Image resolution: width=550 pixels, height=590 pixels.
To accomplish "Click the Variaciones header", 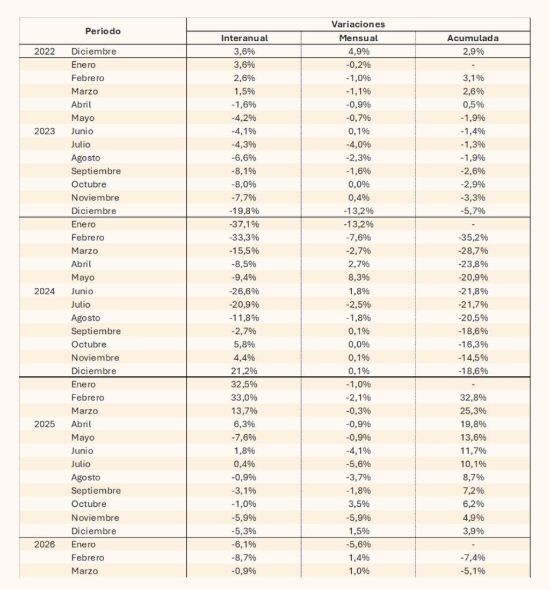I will coord(358,24).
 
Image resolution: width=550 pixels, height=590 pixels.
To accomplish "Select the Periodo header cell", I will coord(103,31).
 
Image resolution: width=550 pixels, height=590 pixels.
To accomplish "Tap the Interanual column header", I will coord(244,38).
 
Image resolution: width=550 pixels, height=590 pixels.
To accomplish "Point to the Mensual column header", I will coord(358,38).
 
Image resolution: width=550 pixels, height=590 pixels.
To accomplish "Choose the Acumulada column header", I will coord(473,38).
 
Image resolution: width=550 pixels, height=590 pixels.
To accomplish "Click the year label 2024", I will coord(45,291).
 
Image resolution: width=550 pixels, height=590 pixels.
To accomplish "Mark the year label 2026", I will coord(45,544).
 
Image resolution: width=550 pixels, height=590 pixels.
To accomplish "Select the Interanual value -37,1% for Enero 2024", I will coord(244,224).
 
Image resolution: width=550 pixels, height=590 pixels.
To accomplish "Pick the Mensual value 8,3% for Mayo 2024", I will coord(358,278).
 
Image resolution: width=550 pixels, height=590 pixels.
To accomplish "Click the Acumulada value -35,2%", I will coord(473,237).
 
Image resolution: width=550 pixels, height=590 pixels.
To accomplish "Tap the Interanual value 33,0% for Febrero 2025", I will coord(244,397).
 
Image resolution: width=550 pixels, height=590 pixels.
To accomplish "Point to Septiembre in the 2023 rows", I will coord(96,171).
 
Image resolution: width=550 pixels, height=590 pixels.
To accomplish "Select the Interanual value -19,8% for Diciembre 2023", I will coord(244,211).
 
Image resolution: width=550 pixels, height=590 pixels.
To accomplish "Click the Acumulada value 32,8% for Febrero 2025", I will coord(473,397).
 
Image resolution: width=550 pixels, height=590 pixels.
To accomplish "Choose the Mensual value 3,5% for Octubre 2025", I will coord(358,504).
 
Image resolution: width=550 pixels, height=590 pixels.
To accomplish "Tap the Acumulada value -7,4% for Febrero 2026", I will coord(473,558).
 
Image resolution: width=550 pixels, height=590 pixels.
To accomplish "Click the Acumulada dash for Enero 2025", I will coord(473,384).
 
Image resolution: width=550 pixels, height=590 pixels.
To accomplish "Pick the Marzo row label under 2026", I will coord(84,571).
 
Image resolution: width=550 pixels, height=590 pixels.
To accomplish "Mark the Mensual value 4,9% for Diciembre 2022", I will coord(358,52).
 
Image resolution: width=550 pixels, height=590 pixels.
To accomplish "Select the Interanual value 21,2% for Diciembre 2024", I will coord(244,371).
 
